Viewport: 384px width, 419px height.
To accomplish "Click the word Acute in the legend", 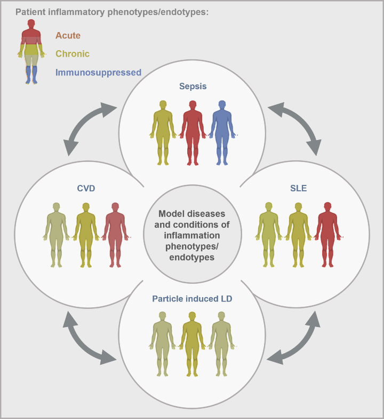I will point(68,36).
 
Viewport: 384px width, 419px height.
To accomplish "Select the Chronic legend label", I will point(72,54).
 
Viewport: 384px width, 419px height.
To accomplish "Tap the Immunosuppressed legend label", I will point(98,72).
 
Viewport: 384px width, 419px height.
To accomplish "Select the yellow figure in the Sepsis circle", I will point(163,131).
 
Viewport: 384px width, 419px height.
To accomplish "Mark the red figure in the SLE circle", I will point(326,234).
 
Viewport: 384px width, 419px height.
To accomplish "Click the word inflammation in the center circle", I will point(191,236).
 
